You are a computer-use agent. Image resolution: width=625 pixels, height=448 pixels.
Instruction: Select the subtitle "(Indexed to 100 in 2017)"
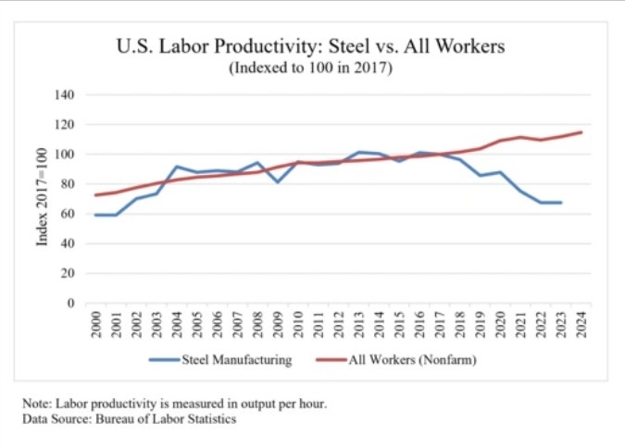coord(311,69)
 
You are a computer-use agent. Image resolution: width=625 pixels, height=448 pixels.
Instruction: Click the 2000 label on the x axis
coord(95,326)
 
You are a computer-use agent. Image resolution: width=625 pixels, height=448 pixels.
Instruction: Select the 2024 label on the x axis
coord(581,326)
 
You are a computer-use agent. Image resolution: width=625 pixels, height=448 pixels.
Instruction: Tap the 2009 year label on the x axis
coord(277,326)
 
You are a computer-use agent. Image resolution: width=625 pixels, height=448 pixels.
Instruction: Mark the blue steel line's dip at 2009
coord(277,181)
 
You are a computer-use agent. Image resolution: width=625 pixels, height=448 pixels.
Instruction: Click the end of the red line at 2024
coord(581,132)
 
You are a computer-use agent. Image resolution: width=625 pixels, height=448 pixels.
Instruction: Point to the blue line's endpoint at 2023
coord(560,202)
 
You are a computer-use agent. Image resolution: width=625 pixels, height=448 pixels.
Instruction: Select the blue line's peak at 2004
coord(176,167)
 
